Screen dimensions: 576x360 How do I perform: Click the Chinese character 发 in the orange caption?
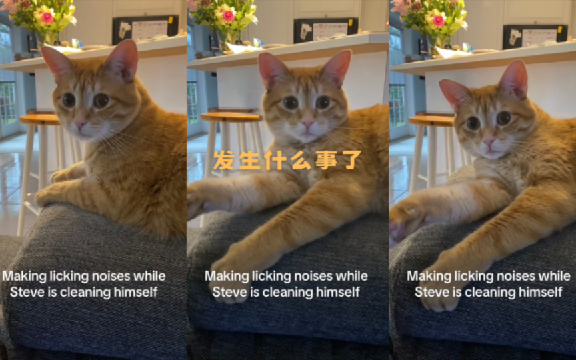point(223,160)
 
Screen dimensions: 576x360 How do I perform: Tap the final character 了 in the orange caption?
point(351,160)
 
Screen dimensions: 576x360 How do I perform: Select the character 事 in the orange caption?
point(326,160)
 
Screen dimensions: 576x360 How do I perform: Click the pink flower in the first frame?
point(47,17)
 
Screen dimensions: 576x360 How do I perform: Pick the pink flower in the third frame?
point(438,21)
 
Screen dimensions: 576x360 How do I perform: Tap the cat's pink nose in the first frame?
point(80,125)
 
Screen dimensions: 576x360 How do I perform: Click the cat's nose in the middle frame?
point(307,122)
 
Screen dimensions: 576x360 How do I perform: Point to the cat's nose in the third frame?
point(488,142)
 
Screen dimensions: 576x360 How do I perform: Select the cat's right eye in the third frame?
point(504,118)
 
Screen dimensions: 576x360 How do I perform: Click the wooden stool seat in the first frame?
point(39,119)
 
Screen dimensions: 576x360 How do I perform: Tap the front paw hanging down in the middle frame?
point(230,279)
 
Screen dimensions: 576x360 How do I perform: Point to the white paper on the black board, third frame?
point(539,37)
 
